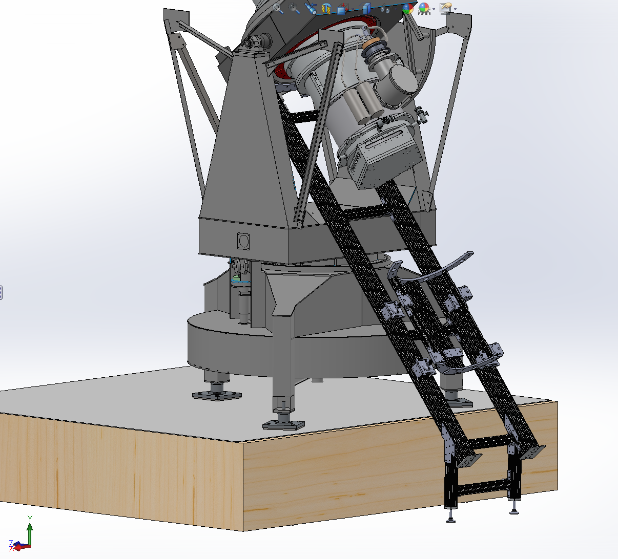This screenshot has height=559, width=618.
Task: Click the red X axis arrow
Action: (22, 546)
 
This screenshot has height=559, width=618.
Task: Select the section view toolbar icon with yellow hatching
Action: (326, 9)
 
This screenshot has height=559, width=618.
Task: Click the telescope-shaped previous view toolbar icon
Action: (311, 9)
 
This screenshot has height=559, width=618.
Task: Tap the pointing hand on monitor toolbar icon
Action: (446, 8)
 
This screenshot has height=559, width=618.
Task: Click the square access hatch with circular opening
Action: (243, 241)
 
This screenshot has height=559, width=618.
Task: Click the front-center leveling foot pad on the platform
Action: (283, 425)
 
